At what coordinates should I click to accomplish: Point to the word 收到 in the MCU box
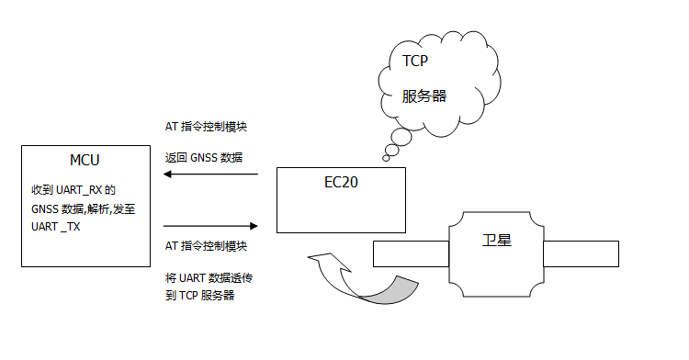click(42, 190)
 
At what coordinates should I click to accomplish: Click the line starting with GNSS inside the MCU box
click(83, 208)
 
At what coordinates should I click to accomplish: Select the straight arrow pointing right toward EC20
click(211, 226)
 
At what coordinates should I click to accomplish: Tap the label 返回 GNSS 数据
click(203, 157)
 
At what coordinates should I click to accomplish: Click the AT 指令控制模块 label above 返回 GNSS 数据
click(206, 127)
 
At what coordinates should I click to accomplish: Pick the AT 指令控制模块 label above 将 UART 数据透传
click(206, 246)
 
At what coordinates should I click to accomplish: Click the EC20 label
click(341, 182)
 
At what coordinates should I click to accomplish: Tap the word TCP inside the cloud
click(415, 62)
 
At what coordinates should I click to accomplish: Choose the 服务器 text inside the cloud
click(424, 95)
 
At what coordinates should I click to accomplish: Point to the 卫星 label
click(497, 241)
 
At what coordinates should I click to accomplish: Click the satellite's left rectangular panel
click(410, 253)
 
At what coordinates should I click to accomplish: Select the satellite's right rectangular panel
click(581, 253)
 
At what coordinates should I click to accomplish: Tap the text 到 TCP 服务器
click(201, 295)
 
